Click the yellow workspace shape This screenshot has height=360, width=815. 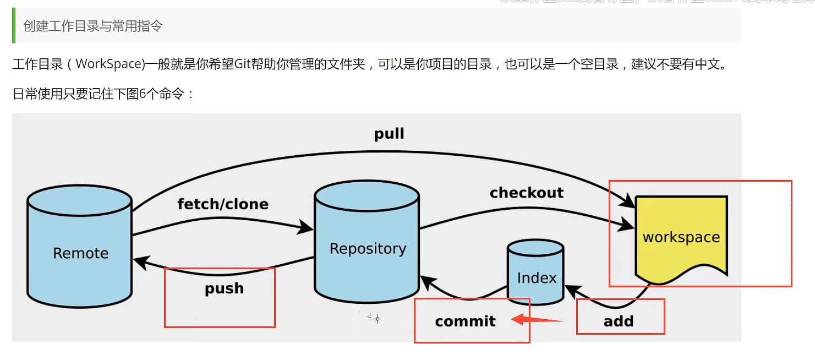pos(681,237)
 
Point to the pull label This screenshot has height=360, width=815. pos(389,134)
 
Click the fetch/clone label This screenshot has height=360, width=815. pos(223,204)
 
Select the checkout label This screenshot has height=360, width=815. pos(527,193)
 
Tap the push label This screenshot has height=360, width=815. pos(224,288)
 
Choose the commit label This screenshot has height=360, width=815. pos(466,321)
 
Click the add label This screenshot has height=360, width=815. pos(619,321)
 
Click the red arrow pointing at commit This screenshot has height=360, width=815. pos(537,320)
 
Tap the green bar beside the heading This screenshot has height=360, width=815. pos(14,25)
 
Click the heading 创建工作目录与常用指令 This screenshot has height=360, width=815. pos(93,26)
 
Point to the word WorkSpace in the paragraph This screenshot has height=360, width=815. pos(109,64)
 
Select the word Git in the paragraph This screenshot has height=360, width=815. pos(243,64)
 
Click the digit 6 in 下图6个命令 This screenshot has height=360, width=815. pos(143,94)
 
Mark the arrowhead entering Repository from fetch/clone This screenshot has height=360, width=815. pos(306,226)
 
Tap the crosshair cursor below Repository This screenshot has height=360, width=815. pos(378,319)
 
